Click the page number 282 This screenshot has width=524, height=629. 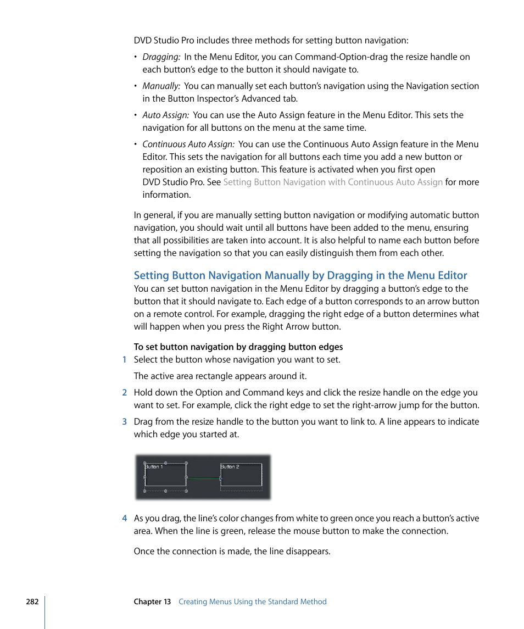[32, 602]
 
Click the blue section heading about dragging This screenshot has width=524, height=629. [300, 276]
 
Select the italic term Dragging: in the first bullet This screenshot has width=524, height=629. [161, 57]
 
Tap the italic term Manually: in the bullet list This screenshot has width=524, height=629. [161, 86]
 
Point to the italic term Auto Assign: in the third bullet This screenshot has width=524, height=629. [166, 115]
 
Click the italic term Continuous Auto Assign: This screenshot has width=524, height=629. [188, 144]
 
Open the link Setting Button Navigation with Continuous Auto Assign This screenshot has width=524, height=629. [332, 182]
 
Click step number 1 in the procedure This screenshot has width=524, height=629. [124, 360]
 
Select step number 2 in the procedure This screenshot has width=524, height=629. [124, 393]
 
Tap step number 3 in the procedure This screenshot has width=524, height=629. [124, 422]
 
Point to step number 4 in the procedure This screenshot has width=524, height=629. [124, 519]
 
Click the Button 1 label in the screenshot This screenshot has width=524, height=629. [154, 467]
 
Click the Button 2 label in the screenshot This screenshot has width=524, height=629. [230, 467]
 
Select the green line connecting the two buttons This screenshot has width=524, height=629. [203, 478]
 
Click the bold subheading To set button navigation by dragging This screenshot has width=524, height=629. [238, 347]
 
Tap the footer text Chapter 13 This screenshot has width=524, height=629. [152, 602]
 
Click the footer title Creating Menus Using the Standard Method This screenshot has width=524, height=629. [252, 602]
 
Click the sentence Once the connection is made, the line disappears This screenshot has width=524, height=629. [232, 551]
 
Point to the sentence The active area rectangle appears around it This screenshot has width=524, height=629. [220, 376]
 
